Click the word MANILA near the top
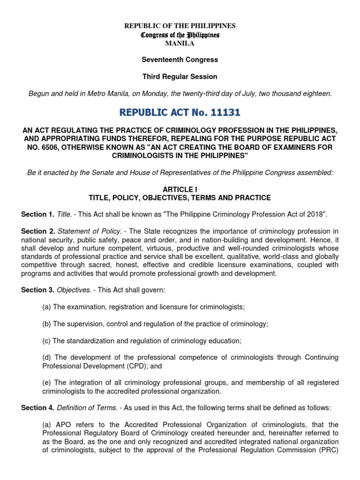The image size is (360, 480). (x=180, y=44)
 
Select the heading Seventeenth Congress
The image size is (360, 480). (x=180, y=60)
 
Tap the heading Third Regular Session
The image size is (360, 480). (x=180, y=76)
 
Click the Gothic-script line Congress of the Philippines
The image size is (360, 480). (x=180, y=35)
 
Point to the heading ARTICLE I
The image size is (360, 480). (x=180, y=189)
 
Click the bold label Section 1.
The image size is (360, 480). (x=37, y=215)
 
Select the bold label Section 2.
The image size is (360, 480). (x=37, y=232)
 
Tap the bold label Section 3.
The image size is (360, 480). (x=37, y=290)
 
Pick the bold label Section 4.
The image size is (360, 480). (x=37, y=408)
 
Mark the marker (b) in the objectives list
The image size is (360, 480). (x=46, y=324)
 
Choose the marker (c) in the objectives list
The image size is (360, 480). (x=46, y=341)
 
